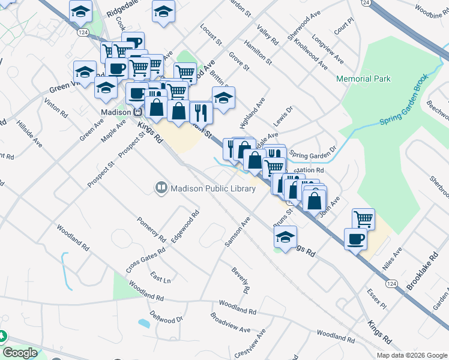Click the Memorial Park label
(x=363, y=79)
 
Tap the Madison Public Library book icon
(x=161, y=188)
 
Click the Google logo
(x=20, y=353)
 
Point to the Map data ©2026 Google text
(x=412, y=355)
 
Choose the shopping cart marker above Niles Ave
(x=363, y=218)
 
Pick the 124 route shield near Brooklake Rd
(x=391, y=283)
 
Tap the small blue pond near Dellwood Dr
(x=144, y=323)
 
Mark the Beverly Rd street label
(x=241, y=279)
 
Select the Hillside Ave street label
(x=29, y=135)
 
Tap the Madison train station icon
(x=137, y=112)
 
